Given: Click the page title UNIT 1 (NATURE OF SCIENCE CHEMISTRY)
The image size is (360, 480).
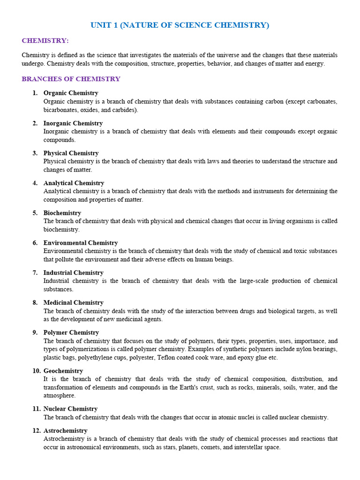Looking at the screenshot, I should [180, 25].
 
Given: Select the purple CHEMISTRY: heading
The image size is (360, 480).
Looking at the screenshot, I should [45, 41].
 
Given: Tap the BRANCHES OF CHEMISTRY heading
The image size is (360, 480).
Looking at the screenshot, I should [71, 79].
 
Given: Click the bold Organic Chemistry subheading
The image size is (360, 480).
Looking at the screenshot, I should [71, 93].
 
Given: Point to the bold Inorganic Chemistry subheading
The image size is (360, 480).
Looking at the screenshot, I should [73, 123].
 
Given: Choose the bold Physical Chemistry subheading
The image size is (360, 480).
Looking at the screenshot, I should [71, 153].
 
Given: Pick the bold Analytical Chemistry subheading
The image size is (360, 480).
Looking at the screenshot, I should [74, 183].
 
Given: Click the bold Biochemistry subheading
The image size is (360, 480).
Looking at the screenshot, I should [62, 213].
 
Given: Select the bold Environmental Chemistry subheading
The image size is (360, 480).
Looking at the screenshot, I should [81, 243].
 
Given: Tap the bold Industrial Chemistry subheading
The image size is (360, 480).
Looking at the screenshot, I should [74, 272].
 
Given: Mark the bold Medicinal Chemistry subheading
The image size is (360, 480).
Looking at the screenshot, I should [74, 302].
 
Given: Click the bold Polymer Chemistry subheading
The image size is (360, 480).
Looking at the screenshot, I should [71, 332].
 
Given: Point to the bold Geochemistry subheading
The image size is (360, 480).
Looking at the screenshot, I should [63, 370].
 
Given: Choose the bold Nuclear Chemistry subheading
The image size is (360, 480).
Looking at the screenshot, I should [70, 409].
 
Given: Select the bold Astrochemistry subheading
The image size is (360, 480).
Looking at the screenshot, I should [66, 430].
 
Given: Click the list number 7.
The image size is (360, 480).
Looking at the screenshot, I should [35, 272].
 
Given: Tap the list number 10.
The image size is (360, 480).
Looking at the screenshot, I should [37, 370].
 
